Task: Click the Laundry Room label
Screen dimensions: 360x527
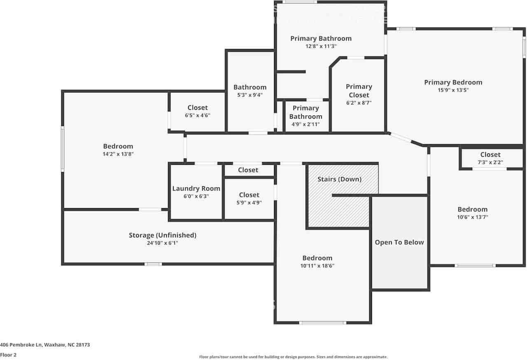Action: (x=196, y=189)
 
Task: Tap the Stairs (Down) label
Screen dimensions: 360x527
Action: (x=339, y=179)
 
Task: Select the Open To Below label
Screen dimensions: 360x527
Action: (x=399, y=242)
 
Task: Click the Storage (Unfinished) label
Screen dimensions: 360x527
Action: (x=162, y=235)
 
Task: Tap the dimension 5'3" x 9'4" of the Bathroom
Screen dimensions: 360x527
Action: (x=250, y=95)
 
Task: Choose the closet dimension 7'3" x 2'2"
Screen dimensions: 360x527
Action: (x=490, y=162)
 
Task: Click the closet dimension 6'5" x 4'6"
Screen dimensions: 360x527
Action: (x=197, y=115)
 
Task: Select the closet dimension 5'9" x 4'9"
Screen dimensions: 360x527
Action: (x=249, y=202)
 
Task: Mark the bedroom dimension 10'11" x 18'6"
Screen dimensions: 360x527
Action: (x=317, y=266)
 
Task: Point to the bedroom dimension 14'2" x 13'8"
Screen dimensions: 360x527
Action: (x=118, y=154)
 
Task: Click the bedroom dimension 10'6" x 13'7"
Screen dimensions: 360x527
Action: (x=472, y=217)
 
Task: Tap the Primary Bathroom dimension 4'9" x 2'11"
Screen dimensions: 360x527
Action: (x=305, y=124)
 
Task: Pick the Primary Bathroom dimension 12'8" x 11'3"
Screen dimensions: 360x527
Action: (x=321, y=46)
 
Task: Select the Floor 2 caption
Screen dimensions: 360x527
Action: (x=8, y=355)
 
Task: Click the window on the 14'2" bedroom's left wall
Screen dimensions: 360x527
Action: (x=63, y=148)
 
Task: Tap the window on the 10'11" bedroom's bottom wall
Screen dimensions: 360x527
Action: (x=322, y=323)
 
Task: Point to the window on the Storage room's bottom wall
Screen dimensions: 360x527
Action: (x=153, y=264)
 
